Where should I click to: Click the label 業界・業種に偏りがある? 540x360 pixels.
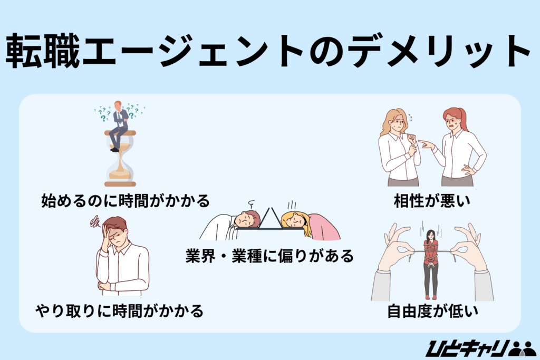269,256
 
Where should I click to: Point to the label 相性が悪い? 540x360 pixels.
432,201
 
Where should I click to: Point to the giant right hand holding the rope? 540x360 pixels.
470,248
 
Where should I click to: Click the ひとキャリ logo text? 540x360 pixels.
466,348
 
